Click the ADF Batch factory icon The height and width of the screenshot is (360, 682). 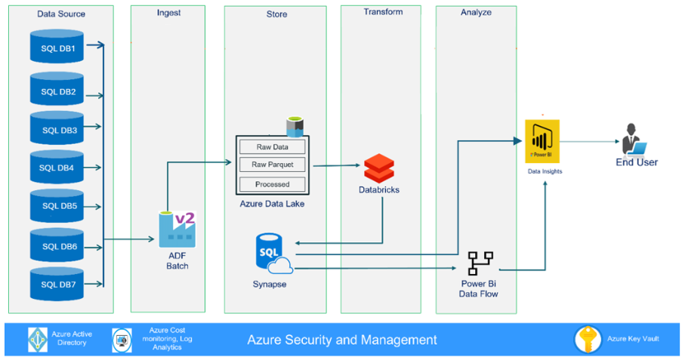point(177,229)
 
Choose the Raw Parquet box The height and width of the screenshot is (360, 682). point(272,165)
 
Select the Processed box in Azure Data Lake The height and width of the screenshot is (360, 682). point(272,183)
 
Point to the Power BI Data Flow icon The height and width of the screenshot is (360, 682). point(480,263)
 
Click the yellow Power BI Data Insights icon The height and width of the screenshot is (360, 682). point(543,140)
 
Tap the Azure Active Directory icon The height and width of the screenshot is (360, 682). point(38,339)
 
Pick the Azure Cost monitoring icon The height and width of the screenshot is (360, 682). point(122,339)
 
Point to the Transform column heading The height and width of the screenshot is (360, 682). point(383,12)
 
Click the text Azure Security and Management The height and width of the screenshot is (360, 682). point(341,340)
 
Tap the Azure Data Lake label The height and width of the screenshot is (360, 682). point(273,203)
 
